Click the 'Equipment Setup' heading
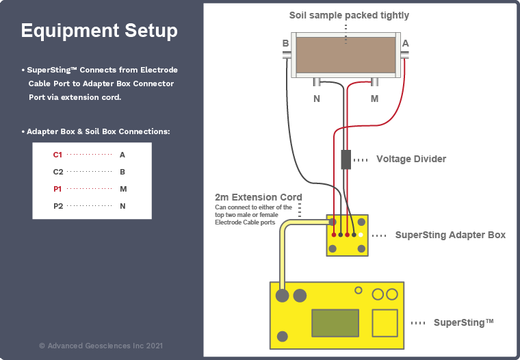click(x=99, y=31)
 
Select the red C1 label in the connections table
click(x=57, y=155)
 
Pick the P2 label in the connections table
click(x=57, y=206)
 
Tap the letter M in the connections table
click(x=122, y=189)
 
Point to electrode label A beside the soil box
click(x=406, y=43)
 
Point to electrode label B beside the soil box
click(x=285, y=43)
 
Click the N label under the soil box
click(x=316, y=99)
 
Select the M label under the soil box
click(x=374, y=99)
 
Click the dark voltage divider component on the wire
click(x=346, y=159)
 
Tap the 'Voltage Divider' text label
click(x=411, y=159)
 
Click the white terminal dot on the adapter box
click(x=361, y=235)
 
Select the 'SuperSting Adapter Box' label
click(x=450, y=235)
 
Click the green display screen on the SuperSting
click(x=335, y=322)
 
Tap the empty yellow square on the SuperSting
click(x=384, y=322)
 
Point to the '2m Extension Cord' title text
click(x=258, y=197)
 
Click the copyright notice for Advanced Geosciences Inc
click(x=101, y=346)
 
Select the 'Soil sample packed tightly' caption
click(x=349, y=15)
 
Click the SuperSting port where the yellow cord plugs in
click(x=282, y=296)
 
